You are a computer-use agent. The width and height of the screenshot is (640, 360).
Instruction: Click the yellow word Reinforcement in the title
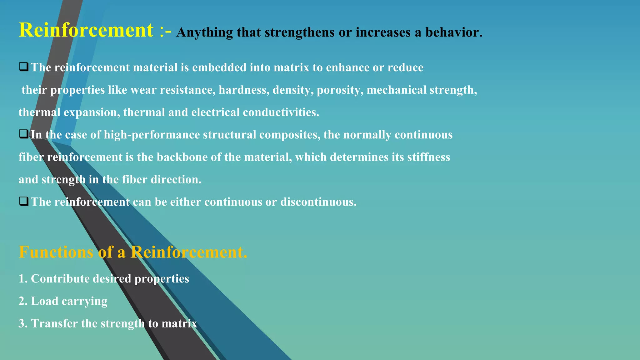tap(86, 30)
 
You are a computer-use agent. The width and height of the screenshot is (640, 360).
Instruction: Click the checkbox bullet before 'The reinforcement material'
tap(24, 67)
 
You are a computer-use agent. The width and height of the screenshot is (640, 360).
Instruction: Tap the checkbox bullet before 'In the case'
tap(24, 134)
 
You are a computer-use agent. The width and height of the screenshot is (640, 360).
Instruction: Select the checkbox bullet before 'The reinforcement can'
tap(24, 201)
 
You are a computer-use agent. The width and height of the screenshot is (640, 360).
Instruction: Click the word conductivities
tap(281, 112)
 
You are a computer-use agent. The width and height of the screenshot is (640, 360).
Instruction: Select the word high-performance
tap(152, 135)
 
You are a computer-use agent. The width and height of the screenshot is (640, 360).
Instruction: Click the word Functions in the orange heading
tap(56, 252)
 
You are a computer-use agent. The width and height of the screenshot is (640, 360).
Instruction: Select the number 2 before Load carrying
tap(22, 301)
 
